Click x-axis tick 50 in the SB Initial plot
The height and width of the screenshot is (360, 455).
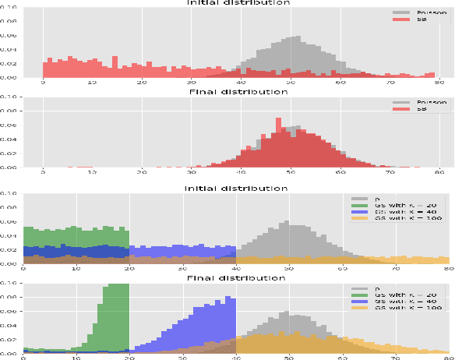[x=291, y=83]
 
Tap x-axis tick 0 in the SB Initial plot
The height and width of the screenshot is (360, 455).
[x=44, y=83]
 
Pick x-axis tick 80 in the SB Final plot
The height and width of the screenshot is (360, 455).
[x=439, y=173]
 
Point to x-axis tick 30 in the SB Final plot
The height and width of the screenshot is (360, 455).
[x=192, y=173]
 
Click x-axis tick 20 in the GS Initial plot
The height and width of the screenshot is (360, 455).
[x=129, y=269]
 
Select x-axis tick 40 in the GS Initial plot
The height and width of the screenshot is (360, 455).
[x=235, y=269]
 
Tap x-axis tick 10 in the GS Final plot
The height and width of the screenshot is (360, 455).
[x=76, y=357]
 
